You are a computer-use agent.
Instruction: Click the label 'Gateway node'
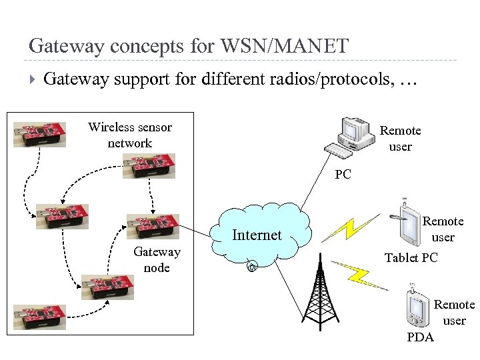(157, 259)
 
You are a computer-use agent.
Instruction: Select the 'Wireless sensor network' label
(129, 135)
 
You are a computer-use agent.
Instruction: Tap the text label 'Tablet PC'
(411, 257)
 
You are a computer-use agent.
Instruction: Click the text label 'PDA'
(420, 337)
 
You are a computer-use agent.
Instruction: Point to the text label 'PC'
(343, 175)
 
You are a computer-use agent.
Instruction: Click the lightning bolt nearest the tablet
(344, 227)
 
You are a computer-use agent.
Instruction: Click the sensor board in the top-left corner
(40, 133)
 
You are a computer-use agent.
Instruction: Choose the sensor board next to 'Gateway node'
(153, 226)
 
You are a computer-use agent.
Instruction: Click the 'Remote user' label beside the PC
(400, 138)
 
